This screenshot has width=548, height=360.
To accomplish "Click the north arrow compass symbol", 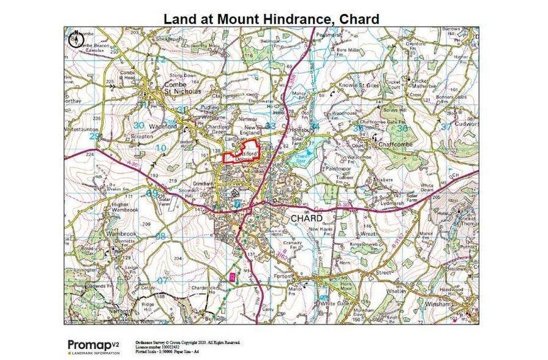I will click(x=76, y=39).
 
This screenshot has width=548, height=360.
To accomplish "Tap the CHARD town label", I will click(x=306, y=218).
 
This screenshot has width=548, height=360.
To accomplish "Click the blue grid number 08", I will click(x=160, y=235).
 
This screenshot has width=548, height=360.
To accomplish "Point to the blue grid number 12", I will click(x=160, y=59).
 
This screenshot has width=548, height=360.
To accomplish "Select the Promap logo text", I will click(x=89, y=344).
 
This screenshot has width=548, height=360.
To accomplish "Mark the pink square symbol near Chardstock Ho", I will click(x=232, y=277).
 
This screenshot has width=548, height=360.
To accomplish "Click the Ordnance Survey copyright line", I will click(x=187, y=342).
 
